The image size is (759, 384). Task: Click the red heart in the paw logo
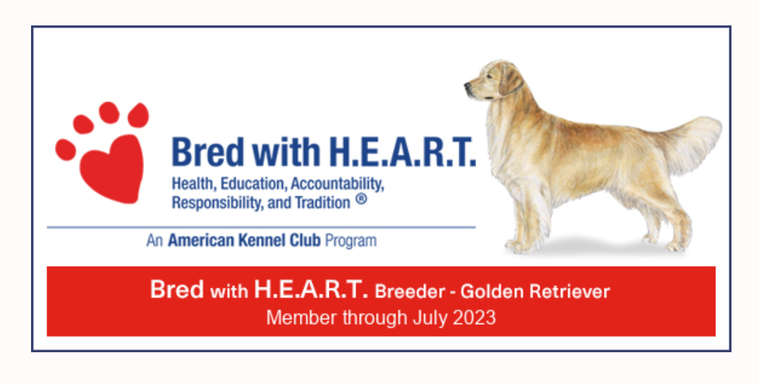pyautogui.click(x=112, y=169)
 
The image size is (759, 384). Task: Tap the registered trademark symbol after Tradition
pyautogui.click(x=361, y=200)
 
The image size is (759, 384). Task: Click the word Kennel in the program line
pyautogui.click(x=258, y=240)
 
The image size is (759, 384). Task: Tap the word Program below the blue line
pyautogui.click(x=351, y=241)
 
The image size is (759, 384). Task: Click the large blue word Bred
pyautogui.click(x=208, y=152)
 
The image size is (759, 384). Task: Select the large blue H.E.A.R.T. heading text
pyautogui.click(x=402, y=152)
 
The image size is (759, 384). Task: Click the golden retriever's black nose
pyautogui.click(x=468, y=87)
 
